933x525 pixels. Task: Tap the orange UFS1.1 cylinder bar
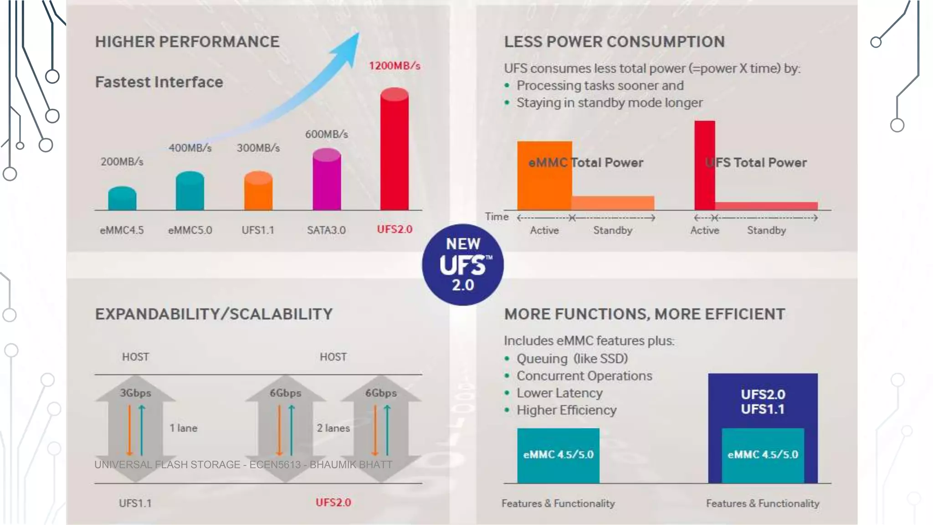pyautogui.click(x=258, y=191)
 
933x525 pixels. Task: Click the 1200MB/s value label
pyautogui.click(x=395, y=66)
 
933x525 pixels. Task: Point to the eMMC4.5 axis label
pyautogui.click(x=122, y=230)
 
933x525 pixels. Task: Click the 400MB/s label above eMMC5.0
pyautogui.click(x=190, y=148)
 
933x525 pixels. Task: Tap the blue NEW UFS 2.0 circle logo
pyautogui.click(x=463, y=264)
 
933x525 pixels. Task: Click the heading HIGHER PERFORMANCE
pyautogui.click(x=187, y=42)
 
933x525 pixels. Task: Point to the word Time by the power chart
pyautogui.click(x=497, y=217)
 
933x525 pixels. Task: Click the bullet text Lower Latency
pyautogui.click(x=559, y=393)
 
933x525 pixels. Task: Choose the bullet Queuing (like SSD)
pyautogui.click(x=572, y=359)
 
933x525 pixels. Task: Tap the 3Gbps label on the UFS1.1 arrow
pyautogui.click(x=135, y=393)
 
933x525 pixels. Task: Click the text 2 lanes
pyautogui.click(x=333, y=428)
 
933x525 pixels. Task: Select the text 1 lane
pyautogui.click(x=184, y=428)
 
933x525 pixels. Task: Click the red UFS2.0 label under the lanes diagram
pyautogui.click(x=333, y=503)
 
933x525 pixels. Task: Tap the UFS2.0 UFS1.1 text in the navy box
pyautogui.click(x=763, y=401)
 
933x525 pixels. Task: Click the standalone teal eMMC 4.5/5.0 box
pyautogui.click(x=558, y=455)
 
